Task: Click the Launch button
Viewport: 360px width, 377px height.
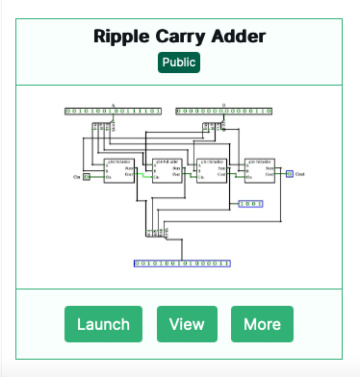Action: pyautogui.click(x=103, y=324)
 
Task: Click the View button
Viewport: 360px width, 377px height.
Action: pyautogui.click(x=187, y=324)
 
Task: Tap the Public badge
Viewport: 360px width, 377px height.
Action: pyautogui.click(x=179, y=63)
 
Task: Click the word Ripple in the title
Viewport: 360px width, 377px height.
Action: pyautogui.click(x=124, y=38)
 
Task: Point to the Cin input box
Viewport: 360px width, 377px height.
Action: pyautogui.click(x=87, y=177)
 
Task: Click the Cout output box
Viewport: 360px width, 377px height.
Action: pyautogui.click(x=290, y=173)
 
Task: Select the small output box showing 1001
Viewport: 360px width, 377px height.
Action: pyautogui.click(x=250, y=204)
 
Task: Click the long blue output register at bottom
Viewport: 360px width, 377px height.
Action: pyautogui.click(x=182, y=262)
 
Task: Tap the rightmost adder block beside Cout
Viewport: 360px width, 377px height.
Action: pyautogui.click(x=262, y=170)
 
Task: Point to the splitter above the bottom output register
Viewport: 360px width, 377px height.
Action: pyautogui.click(x=155, y=233)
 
